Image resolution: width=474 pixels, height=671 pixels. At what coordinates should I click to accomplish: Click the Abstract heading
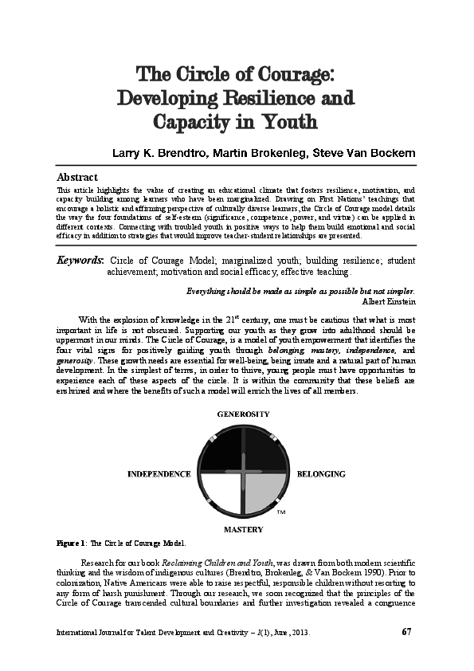click(x=76, y=176)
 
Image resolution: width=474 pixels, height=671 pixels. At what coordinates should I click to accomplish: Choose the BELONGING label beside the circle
click(x=320, y=473)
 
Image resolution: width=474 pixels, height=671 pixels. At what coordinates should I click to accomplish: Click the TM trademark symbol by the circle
click(x=280, y=512)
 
